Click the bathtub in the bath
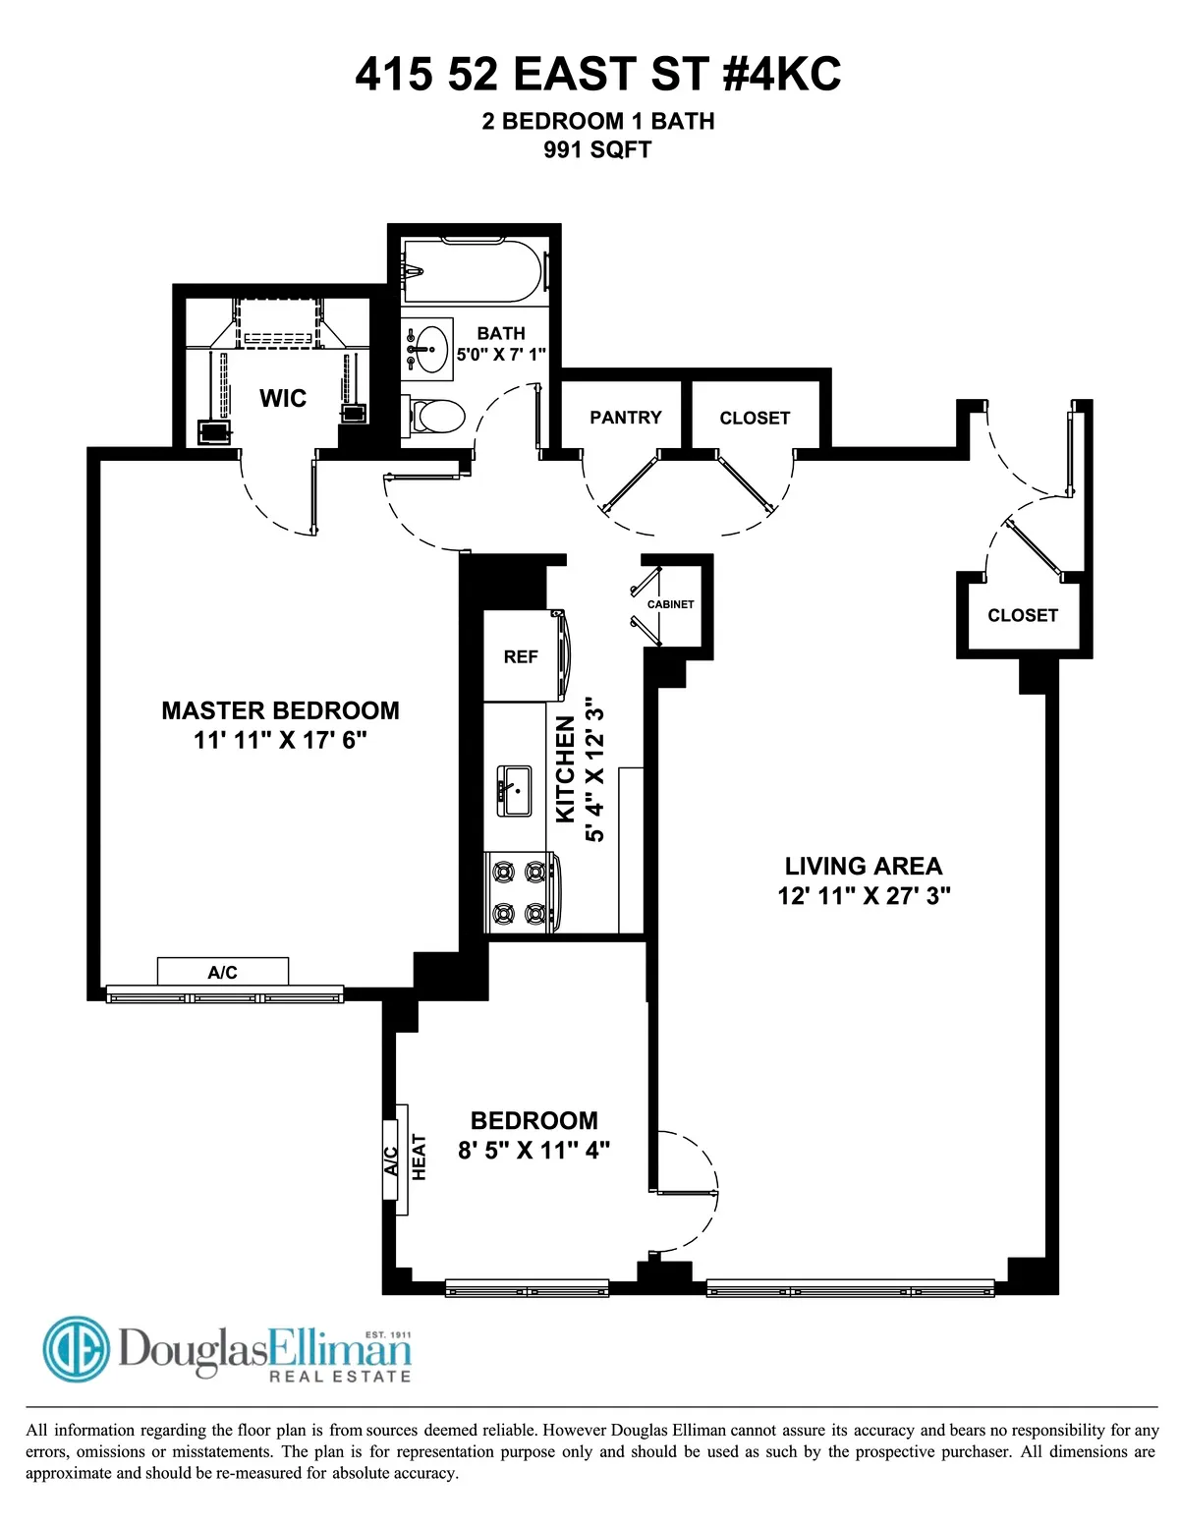(472, 272)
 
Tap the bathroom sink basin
(430, 348)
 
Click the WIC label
(283, 398)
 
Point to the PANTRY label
(626, 418)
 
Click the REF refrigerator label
(521, 656)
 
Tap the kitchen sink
(514, 791)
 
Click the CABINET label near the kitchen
(671, 604)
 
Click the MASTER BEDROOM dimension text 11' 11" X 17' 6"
(280, 740)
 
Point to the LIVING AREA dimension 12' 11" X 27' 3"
(864, 895)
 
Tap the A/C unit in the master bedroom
(223, 972)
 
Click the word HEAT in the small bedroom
(420, 1157)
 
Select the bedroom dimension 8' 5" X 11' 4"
(533, 1150)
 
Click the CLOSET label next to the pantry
(755, 418)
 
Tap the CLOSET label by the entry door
(1023, 615)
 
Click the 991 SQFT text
(597, 150)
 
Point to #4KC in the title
(782, 75)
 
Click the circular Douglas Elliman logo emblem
(77, 1349)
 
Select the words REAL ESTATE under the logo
(340, 1377)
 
